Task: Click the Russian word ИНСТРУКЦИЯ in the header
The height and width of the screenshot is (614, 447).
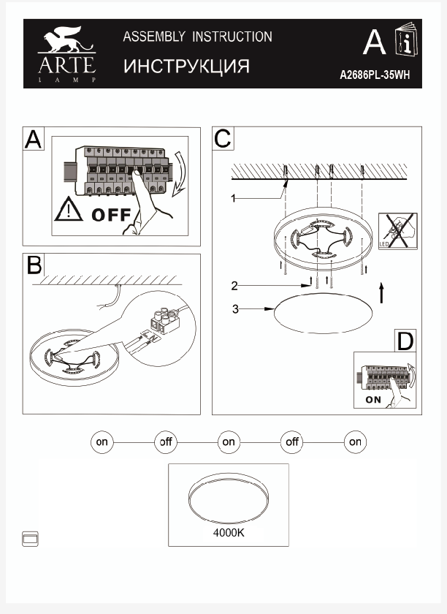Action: pyautogui.click(x=186, y=67)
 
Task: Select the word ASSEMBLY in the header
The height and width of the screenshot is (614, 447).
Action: pyautogui.click(x=150, y=37)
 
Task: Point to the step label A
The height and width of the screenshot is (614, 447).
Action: pyautogui.click(x=34, y=139)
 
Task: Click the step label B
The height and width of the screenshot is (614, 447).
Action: pyautogui.click(x=34, y=265)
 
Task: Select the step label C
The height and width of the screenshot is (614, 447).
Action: pyautogui.click(x=222, y=138)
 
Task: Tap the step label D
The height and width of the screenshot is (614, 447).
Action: pyautogui.click(x=405, y=341)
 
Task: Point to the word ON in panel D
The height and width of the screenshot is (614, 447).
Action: pyautogui.click(x=373, y=400)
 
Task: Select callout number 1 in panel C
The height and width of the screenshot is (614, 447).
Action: pyautogui.click(x=233, y=198)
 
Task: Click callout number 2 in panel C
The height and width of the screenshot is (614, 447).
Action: pyautogui.click(x=234, y=285)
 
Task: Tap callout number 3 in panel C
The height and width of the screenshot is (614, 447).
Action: pyautogui.click(x=235, y=309)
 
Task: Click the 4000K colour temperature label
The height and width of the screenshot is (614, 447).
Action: pyautogui.click(x=229, y=533)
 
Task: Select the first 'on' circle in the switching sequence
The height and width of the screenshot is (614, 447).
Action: pyautogui.click(x=102, y=442)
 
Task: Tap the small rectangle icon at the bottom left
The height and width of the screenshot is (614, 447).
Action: pyautogui.click(x=31, y=539)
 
